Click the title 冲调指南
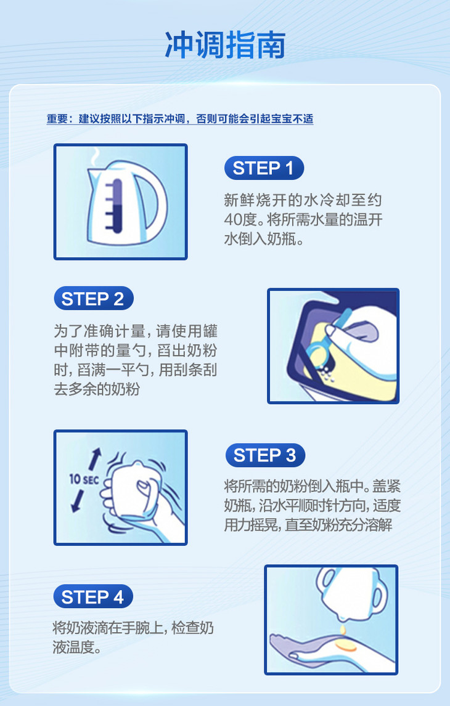click(225, 45)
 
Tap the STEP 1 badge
click(264, 168)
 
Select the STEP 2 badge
click(94, 299)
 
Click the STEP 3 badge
click(265, 455)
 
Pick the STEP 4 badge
click(93, 596)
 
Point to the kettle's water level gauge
click(116, 206)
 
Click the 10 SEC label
click(84, 479)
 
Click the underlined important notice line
click(180, 119)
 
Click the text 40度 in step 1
click(240, 219)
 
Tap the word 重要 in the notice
click(57, 119)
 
